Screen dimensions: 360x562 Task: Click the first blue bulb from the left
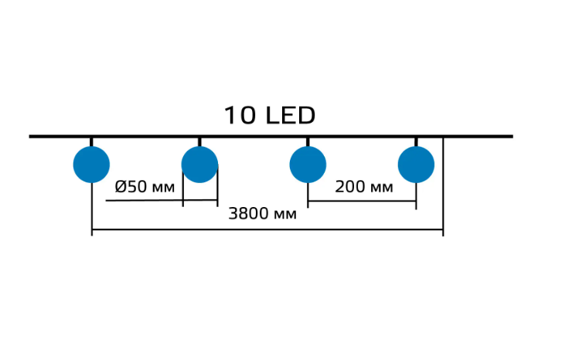tap(91, 165)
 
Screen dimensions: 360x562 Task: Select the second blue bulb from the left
tap(199, 165)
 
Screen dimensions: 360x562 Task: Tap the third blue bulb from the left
tap(308, 165)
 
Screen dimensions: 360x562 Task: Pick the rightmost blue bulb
tap(416, 165)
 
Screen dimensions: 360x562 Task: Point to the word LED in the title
tap(290, 116)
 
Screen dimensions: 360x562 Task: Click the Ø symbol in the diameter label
tap(121, 187)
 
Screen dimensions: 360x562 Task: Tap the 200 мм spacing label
tap(363, 187)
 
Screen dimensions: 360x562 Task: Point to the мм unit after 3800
tap(285, 214)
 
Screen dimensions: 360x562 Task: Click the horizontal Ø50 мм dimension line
tap(147, 201)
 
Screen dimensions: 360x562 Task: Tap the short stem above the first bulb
tap(91, 141)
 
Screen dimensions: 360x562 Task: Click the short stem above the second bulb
tap(199, 141)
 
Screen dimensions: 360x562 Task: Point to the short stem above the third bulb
tap(308, 141)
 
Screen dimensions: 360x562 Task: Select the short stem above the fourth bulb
tap(416, 141)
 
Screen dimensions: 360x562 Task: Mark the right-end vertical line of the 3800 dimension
tap(443, 185)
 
